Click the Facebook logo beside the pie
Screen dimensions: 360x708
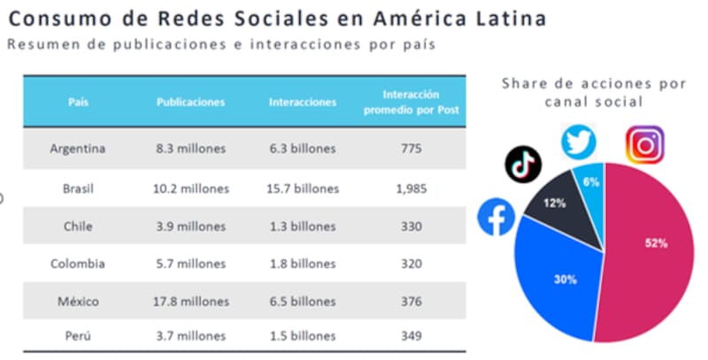(496, 218)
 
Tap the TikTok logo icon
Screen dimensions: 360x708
(523, 164)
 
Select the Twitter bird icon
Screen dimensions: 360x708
(580, 142)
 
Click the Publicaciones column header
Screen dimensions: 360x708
(190, 102)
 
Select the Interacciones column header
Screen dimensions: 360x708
(303, 102)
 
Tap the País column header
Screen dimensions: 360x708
(78, 102)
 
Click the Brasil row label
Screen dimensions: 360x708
(78, 188)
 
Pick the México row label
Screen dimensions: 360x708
(78, 300)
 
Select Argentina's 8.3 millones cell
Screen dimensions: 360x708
(190, 149)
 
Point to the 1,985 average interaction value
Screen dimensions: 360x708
(411, 188)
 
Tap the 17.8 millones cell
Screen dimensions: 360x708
(190, 300)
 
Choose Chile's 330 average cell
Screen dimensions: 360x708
(411, 226)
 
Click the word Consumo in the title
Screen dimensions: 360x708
(54, 19)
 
